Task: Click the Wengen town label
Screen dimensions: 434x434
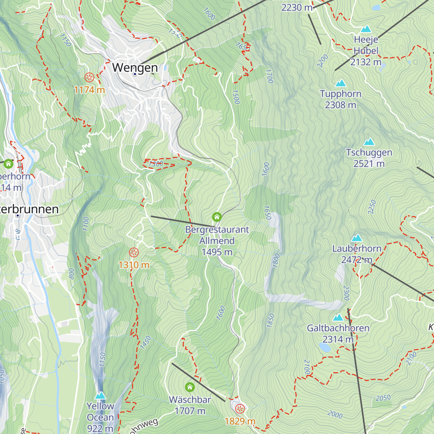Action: point(135,67)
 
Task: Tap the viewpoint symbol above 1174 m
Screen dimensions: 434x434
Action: point(89,77)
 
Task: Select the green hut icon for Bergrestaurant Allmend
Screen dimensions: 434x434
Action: point(217,217)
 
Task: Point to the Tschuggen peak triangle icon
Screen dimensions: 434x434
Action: point(369,141)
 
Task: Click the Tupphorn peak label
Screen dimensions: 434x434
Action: point(340,94)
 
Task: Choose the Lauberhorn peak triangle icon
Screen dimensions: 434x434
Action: point(357,238)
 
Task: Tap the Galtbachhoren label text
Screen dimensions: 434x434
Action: point(338,328)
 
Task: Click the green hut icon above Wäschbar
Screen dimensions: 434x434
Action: point(190,387)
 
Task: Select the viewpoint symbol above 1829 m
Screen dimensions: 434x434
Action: point(240,409)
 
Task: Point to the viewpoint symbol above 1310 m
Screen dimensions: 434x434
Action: point(134,252)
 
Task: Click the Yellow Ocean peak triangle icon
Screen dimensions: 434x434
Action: point(100,395)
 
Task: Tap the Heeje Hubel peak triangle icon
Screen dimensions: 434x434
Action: point(366,29)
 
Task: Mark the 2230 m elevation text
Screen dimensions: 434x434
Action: point(297,7)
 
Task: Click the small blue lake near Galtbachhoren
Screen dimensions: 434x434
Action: point(325,348)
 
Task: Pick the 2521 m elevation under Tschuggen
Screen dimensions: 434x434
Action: point(369,164)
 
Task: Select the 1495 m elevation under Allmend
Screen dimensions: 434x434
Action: point(217,252)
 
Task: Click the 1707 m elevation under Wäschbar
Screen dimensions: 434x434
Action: point(190,411)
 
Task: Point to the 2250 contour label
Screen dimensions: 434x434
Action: point(372,207)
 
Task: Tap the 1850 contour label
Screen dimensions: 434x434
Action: point(271,320)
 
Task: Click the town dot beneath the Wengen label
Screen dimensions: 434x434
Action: point(135,74)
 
